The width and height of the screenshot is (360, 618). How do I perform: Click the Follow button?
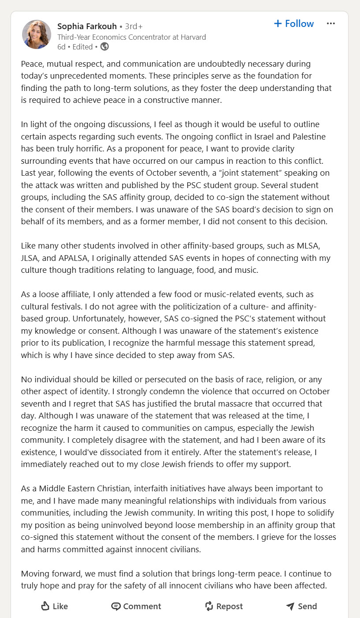tap(294, 24)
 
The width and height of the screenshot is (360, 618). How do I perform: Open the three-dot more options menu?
tap(331, 24)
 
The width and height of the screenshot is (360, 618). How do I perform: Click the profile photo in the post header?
tap(37, 34)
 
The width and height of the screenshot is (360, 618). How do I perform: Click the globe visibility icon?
tap(105, 46)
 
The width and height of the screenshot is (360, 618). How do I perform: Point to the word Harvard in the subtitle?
tap(192, 37)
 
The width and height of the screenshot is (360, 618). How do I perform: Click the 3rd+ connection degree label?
tap(134, 26)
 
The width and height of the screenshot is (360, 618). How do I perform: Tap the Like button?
tap(54, 606)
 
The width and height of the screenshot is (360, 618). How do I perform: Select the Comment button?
tap(136, 606)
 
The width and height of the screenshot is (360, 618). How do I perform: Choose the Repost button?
tap(224, 606)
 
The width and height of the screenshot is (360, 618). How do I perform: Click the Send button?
tap(301, 606)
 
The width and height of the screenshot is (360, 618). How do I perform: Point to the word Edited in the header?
tap(82, 47)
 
